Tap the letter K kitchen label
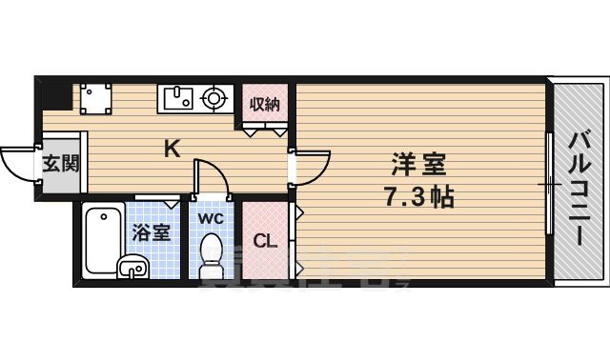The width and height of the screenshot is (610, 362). (172, 149)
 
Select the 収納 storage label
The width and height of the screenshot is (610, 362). (264, 104)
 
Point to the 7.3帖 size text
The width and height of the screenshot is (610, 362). (420, 199)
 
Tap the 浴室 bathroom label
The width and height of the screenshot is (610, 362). (151, 231)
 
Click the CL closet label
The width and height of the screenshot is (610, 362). (264, 241)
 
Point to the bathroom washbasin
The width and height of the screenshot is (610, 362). (132, 267)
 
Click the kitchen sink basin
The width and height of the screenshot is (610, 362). (178, 97)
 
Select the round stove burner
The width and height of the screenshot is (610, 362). (214, 97)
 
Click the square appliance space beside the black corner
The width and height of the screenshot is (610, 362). (95, 97)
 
